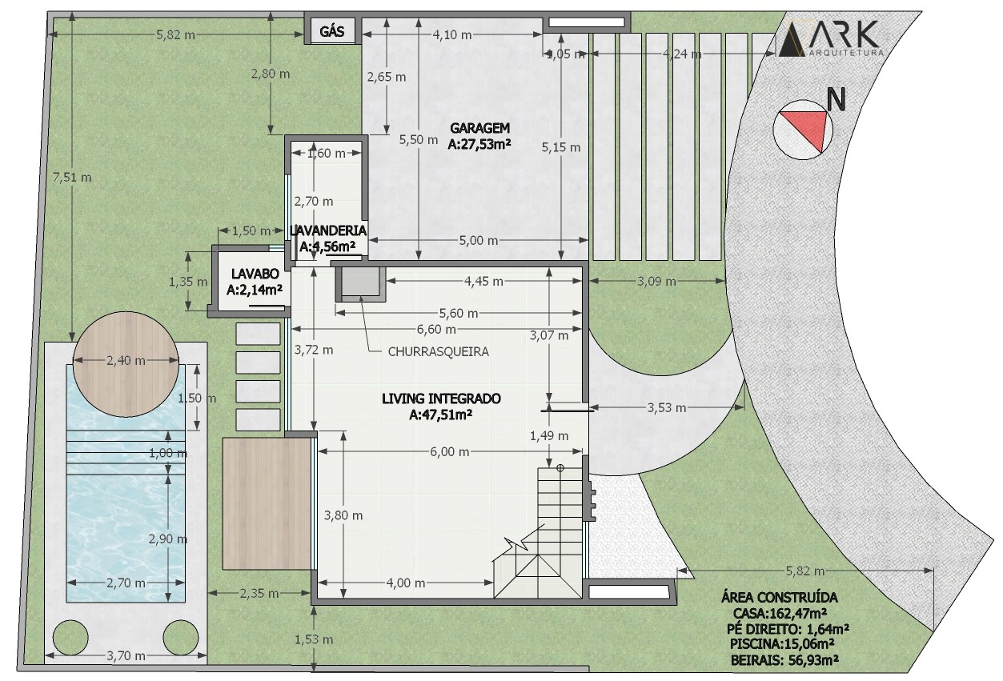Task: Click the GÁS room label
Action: [x=331, y=31]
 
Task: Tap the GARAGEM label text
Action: [x=479, y=128]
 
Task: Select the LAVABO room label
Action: [x=255, y=274]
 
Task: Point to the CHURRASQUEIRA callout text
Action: [x=438, y=352]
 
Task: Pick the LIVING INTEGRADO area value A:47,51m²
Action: [x=440, y=415]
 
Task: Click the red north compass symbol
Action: [x=803, y=130]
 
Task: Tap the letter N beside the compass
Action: [x=836, y=99]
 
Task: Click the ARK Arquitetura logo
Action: [x=831, y=39]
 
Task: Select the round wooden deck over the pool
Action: [x=126, y=364]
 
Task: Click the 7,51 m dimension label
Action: [x=72, y=178]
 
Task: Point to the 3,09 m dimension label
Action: [x=656, y=282]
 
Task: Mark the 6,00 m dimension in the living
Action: [x=450, y=452]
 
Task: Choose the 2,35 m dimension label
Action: [x=259, y=594]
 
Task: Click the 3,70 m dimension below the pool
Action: [x=126, y=656]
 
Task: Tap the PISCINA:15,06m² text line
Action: [x=782, y=644]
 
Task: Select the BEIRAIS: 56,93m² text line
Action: [x=784, y=660]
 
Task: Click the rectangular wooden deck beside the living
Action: [x=267, y=503]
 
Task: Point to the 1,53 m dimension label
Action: [x=314, y=640]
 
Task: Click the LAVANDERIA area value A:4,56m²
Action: [x=327, y=246]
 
